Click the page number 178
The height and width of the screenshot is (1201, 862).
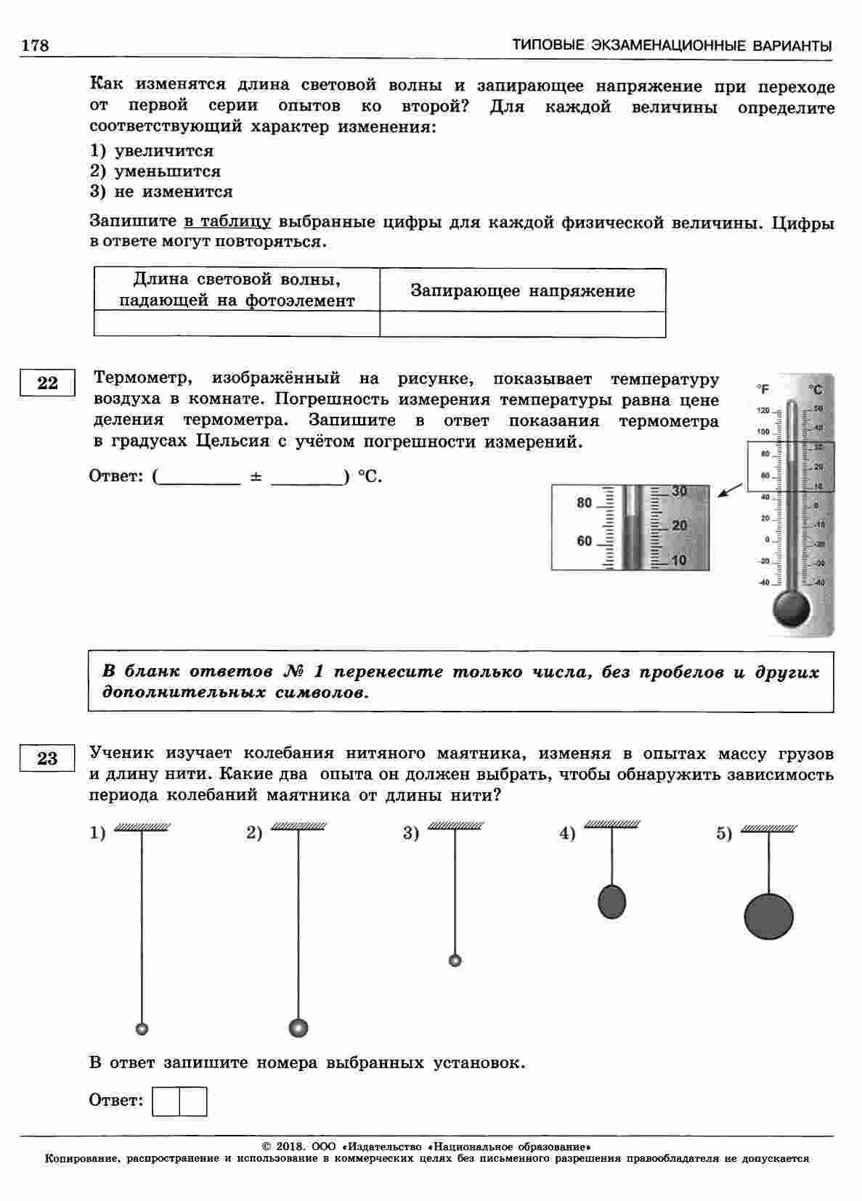(34, 45)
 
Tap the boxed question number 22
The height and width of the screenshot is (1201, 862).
(47, 383)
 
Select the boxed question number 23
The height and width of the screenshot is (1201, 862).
(47, 759)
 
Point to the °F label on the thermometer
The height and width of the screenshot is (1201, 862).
(763, 389)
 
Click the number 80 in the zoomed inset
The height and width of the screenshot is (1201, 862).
(585, 502)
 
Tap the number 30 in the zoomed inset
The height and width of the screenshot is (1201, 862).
(679, 491)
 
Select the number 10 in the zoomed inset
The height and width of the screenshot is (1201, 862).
(679, 560)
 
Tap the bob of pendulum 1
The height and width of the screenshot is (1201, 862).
(142, 1028)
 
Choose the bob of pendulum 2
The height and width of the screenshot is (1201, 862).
(298, 1027)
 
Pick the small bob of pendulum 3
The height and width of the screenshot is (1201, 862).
(455, 961)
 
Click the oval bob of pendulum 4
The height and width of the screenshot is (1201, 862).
(611, 902)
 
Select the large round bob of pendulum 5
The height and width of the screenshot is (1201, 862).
(768, 916)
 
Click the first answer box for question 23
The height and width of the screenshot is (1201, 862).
(166, 1101)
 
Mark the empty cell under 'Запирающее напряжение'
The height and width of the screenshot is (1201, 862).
(522, 324)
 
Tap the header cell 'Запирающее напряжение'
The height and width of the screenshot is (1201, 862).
(522, 290)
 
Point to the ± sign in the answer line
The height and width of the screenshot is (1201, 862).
(256, 477)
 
